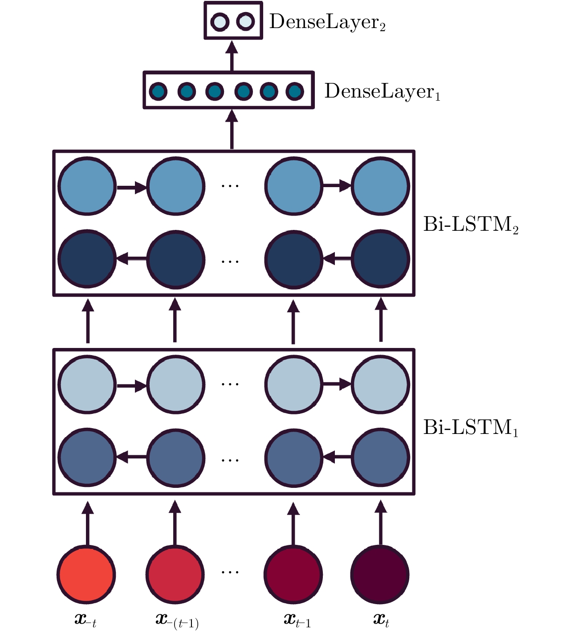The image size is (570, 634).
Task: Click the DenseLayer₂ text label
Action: coord(327,22)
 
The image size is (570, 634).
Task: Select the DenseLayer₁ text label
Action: coord(382,91)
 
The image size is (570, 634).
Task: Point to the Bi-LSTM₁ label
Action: coord(471,427)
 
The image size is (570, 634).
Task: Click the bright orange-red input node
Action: coord(86,574)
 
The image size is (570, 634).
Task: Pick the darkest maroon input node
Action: coord(380,574)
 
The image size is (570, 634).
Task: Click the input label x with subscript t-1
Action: coord(297,620)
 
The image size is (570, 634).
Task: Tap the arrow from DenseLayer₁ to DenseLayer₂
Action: coord(232,55)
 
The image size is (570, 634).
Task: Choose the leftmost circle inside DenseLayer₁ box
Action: coord(158,92)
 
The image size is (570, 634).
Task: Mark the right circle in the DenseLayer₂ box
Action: coord(245,21)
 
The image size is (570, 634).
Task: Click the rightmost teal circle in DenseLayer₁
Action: coord(294,92)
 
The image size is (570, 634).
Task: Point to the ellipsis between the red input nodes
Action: coord(230,572)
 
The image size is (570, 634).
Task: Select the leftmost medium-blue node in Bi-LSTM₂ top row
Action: coord(87,186)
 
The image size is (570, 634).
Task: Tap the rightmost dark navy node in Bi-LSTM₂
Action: coord(380,259)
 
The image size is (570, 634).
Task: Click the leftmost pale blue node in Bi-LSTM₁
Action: coord(87,384)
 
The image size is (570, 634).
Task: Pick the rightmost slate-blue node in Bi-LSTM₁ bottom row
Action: coord(380,457)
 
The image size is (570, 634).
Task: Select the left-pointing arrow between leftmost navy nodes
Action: coord(131,258)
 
